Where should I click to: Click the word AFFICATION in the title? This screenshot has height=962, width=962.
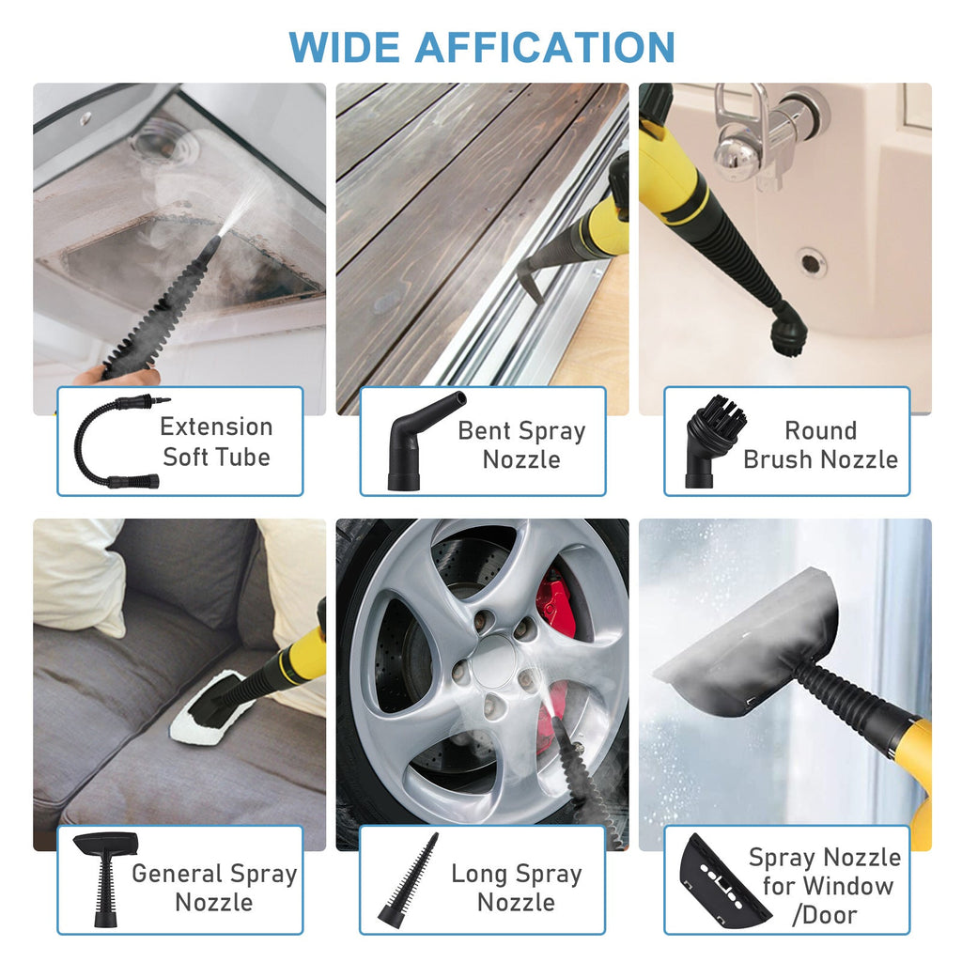click(546, 47)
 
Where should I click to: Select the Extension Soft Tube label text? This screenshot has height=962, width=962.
click(216, 442)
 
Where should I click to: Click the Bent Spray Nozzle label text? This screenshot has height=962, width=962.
click(521, 445)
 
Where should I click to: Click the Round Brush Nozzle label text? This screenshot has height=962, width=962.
click(820, 445)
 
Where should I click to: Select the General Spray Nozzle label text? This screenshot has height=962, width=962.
click(214, 887)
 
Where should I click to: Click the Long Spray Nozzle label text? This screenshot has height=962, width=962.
click(517, 887)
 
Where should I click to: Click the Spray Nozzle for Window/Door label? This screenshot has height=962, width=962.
click(824, 885)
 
